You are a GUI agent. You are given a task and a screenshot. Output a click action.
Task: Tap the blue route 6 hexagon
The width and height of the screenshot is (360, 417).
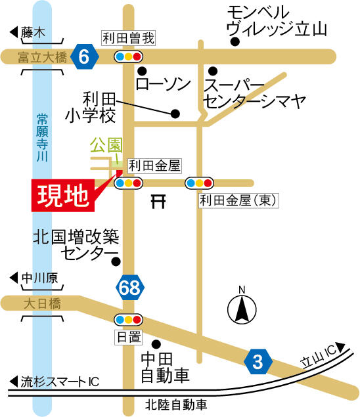[84, 57]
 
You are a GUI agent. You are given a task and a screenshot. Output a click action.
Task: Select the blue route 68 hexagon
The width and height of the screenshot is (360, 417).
[129, 287]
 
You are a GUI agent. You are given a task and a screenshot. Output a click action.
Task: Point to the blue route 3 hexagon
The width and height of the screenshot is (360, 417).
[258, 361]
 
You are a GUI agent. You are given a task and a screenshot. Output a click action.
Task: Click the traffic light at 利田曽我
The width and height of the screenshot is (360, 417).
[128, 57]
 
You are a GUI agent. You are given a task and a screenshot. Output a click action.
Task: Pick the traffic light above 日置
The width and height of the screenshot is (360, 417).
[128, 320]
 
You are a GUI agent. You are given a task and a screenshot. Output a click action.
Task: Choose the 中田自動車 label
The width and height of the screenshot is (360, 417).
[165, 367]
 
